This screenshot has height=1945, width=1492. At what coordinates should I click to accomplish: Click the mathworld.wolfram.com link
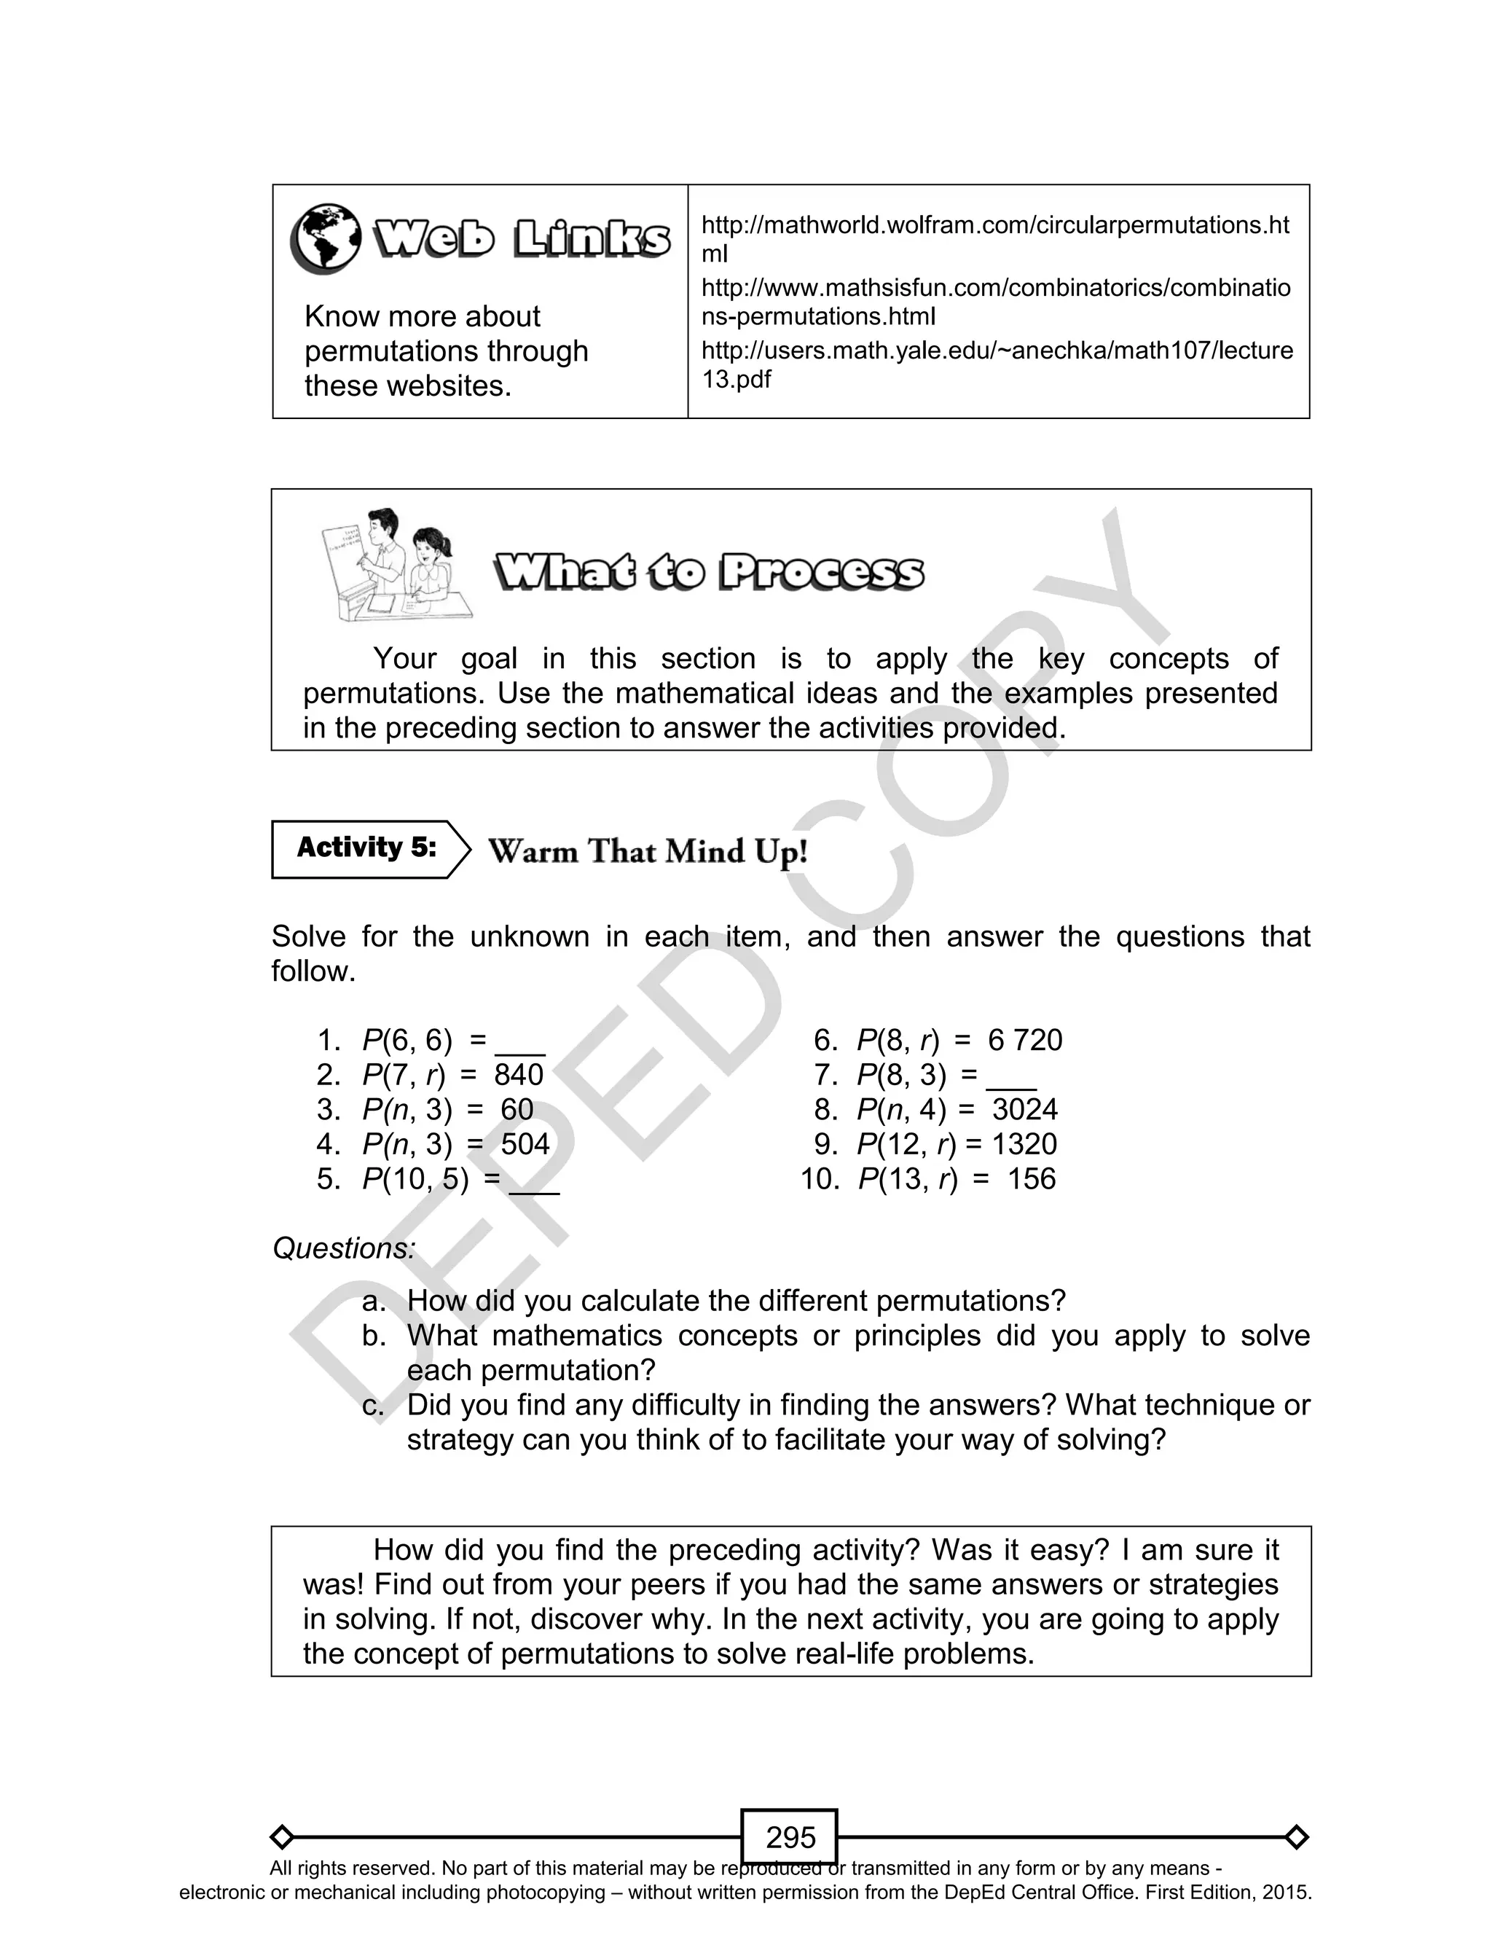click(x=994, y=239)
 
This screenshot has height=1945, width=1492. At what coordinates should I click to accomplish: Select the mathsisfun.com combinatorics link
click(x=994, y=302)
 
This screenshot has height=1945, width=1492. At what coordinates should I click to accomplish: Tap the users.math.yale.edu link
click(x=994, y=364)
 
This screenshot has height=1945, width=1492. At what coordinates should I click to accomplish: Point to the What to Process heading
click(x=709, y=573)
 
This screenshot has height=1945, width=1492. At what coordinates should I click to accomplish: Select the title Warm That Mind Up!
click(x=648, y=851)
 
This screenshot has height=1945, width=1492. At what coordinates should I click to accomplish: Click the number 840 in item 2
click(x=519, y=1075)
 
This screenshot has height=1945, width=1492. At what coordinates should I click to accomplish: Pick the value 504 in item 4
click(x=525, y=1144)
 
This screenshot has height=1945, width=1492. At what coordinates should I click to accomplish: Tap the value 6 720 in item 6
click(x=1025, y=1040)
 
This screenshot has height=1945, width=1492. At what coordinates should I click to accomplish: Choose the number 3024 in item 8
click(x=1025, y=1109)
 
